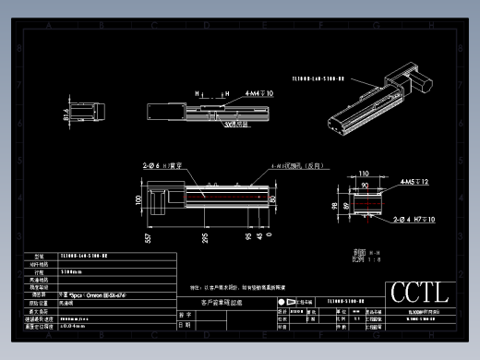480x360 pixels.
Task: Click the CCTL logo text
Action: point(420,293)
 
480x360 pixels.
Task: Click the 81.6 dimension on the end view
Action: point(67,116)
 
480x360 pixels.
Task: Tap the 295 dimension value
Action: point(204,237)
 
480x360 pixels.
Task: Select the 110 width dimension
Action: point(363,173)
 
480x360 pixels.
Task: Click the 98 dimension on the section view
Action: point(333,203)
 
